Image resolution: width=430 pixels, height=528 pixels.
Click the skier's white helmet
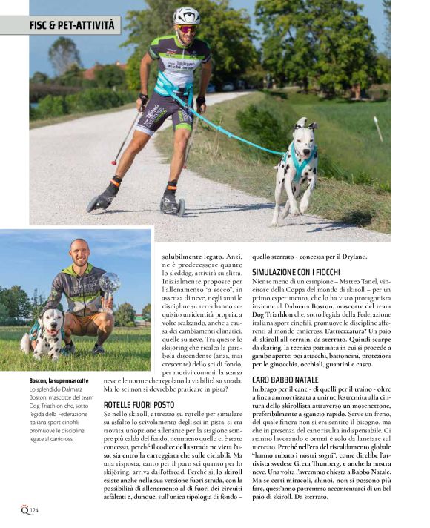[187, 16]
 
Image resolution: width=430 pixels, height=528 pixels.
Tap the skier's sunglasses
[187, 28]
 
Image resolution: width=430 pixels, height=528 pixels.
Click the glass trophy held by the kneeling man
[110, 283]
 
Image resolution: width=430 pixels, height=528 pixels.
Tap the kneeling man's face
[79, 254]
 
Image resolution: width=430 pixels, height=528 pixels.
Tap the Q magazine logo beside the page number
[24, 509]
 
